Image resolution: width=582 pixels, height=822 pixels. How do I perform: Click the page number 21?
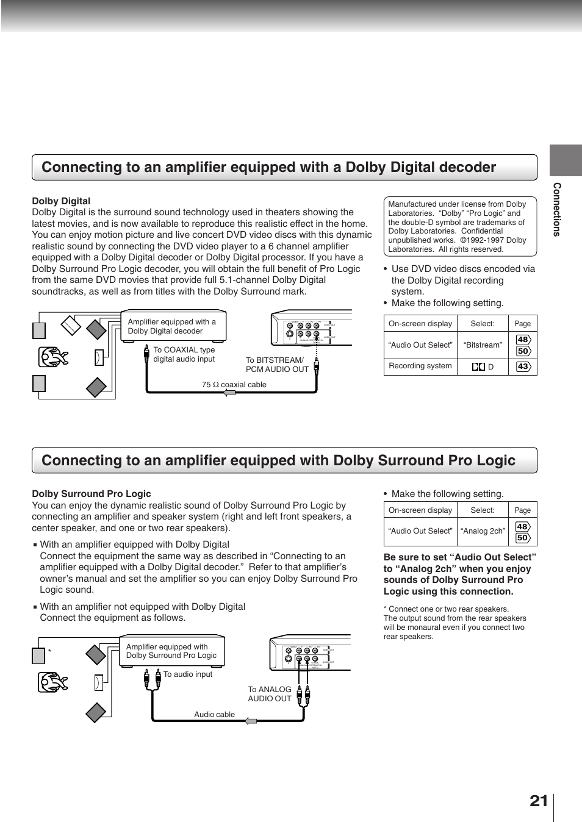[x=539, y=801]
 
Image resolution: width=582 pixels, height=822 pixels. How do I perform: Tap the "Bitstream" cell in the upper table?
[x=482, y=345]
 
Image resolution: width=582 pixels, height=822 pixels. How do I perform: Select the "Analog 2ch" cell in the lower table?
[x=482, y=531]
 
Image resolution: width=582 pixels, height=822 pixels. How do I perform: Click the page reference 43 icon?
[x=523, y=366]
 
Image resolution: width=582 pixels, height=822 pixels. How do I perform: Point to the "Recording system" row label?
[x=420, y=366]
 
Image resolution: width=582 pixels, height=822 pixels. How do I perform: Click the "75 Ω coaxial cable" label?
[x=234, y=385]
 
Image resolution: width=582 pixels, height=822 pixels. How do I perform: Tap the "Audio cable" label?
[x=214, y=715]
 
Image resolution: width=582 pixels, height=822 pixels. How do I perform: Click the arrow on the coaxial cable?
[x=229, y=393]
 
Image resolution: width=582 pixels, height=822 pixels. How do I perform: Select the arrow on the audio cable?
[x=250, y=721]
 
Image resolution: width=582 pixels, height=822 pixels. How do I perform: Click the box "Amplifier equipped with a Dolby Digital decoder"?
[x=173, y=326]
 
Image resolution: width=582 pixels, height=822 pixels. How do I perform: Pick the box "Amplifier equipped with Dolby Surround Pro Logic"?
[x=171, y=651]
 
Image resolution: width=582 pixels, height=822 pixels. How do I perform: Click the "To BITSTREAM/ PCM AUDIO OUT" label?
[x=276, y=365]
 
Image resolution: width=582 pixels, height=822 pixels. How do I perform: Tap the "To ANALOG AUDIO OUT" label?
[x=270, y=694]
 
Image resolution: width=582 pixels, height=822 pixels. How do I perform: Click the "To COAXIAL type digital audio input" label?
[x=184, y=354]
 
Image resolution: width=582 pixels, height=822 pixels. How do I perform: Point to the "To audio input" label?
[x=188, y=674]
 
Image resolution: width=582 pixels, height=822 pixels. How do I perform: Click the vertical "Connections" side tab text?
[x=556, y=209]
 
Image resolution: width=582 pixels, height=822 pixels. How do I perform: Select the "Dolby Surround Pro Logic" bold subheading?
[x=92, y=494]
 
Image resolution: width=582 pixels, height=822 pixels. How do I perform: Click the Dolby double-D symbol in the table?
[x=478, y=366]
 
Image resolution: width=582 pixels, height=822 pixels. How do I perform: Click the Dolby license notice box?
[x=460, y=226]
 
